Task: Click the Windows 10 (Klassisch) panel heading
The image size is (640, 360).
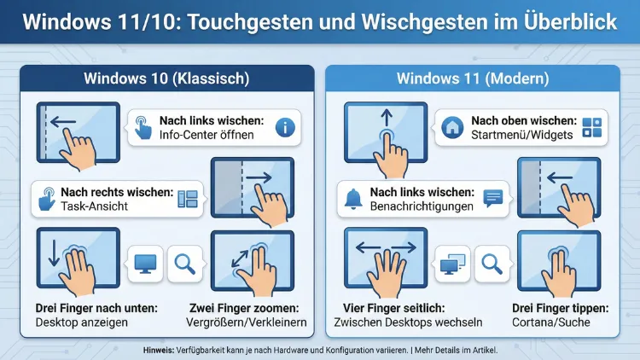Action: (x=166, y=79)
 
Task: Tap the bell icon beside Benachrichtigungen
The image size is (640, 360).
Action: (x=353, y=199)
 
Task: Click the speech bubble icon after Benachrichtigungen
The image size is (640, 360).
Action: (x=492, y=199)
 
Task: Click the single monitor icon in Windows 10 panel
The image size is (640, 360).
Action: (x=144, y=264)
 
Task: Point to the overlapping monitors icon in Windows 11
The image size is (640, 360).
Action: (x=450, y=264)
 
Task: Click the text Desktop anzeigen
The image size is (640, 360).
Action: (x=81, y=323)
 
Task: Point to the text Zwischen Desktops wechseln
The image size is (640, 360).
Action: (x=409, y=323)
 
